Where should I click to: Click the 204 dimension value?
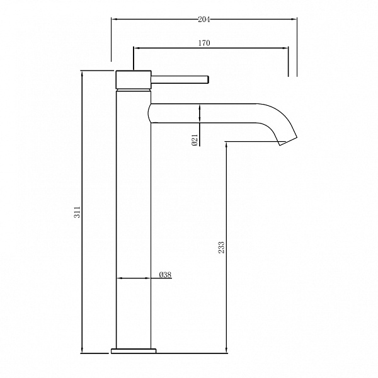(x=204, y=20)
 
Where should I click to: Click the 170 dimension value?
(x=204, y=43)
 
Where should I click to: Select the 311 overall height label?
(x=77, y=212)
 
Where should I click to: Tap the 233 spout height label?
(x=221, y=247)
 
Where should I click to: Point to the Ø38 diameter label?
(x=165, y=274)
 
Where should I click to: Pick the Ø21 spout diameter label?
(x=195, y=140)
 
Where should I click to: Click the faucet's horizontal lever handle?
(x=180, y=79)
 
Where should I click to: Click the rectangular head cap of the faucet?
(x=134, y=79)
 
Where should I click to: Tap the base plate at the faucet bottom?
(x=134, y=351)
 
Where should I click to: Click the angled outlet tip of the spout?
(x=289, y=140)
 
